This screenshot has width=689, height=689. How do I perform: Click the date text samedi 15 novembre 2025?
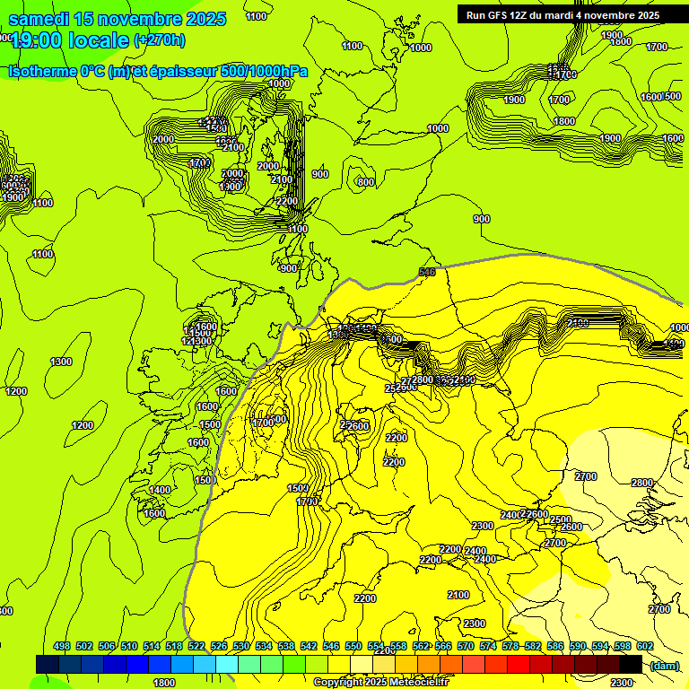click(117, 19)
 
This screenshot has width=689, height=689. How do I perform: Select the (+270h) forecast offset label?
click(160, 39)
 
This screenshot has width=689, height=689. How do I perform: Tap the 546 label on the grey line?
click(427, 272)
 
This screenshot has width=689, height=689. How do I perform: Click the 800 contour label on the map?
click(365, 182)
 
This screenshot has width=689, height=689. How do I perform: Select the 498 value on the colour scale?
click(62, 647)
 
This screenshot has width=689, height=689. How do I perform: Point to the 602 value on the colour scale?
click(645, 647)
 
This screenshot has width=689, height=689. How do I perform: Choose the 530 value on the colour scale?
click(241, 647)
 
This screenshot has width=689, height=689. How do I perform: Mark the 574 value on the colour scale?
click(488, 647)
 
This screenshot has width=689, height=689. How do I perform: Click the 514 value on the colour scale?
click(152, 647)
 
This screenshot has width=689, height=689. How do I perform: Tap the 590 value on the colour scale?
click(578, 647)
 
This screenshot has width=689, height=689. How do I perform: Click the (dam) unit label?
click(665, 666)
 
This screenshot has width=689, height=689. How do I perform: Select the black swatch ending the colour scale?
click(631, 664)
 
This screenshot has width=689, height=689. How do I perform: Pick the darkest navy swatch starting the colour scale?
click(48, 664)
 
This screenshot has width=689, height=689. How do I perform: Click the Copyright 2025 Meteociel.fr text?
click(380, 683)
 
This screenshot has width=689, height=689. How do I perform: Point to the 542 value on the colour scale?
click(309, 647)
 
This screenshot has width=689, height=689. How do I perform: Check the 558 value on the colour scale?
click(398, 647)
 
